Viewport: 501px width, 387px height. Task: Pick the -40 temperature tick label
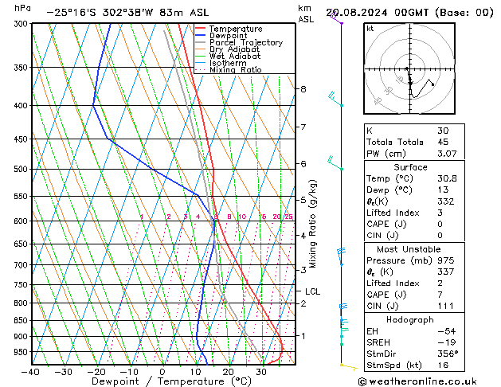31,372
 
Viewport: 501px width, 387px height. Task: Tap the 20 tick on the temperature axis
229,372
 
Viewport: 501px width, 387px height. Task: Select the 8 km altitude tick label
303,89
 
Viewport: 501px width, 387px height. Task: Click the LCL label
312,291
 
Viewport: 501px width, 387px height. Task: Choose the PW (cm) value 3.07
444,154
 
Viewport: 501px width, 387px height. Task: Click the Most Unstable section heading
409,249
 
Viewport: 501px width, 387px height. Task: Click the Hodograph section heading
409,319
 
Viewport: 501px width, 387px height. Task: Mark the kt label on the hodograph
370,29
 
